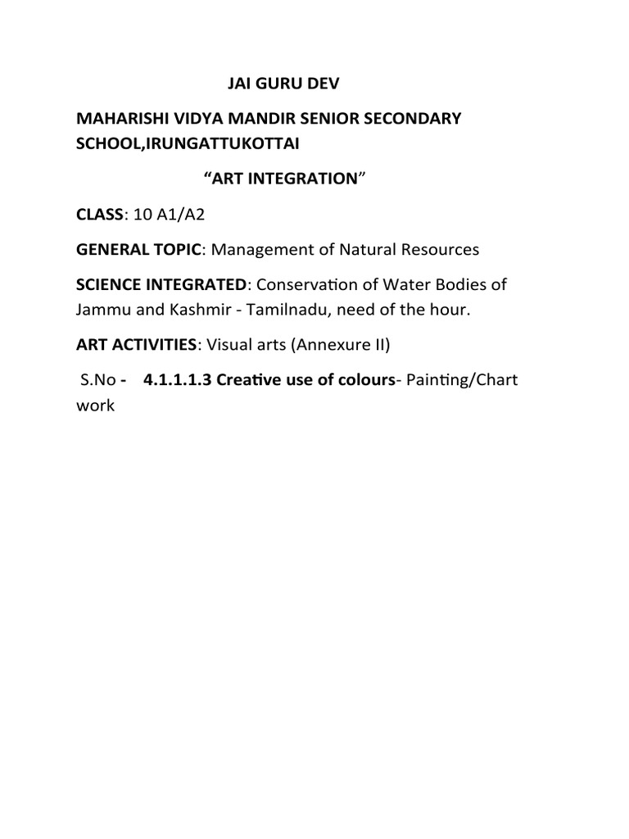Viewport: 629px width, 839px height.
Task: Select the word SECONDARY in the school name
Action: pyautogui.click(x=414, y=118)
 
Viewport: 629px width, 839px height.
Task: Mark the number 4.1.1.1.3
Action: pyautogui.click(x=174, y=380)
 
